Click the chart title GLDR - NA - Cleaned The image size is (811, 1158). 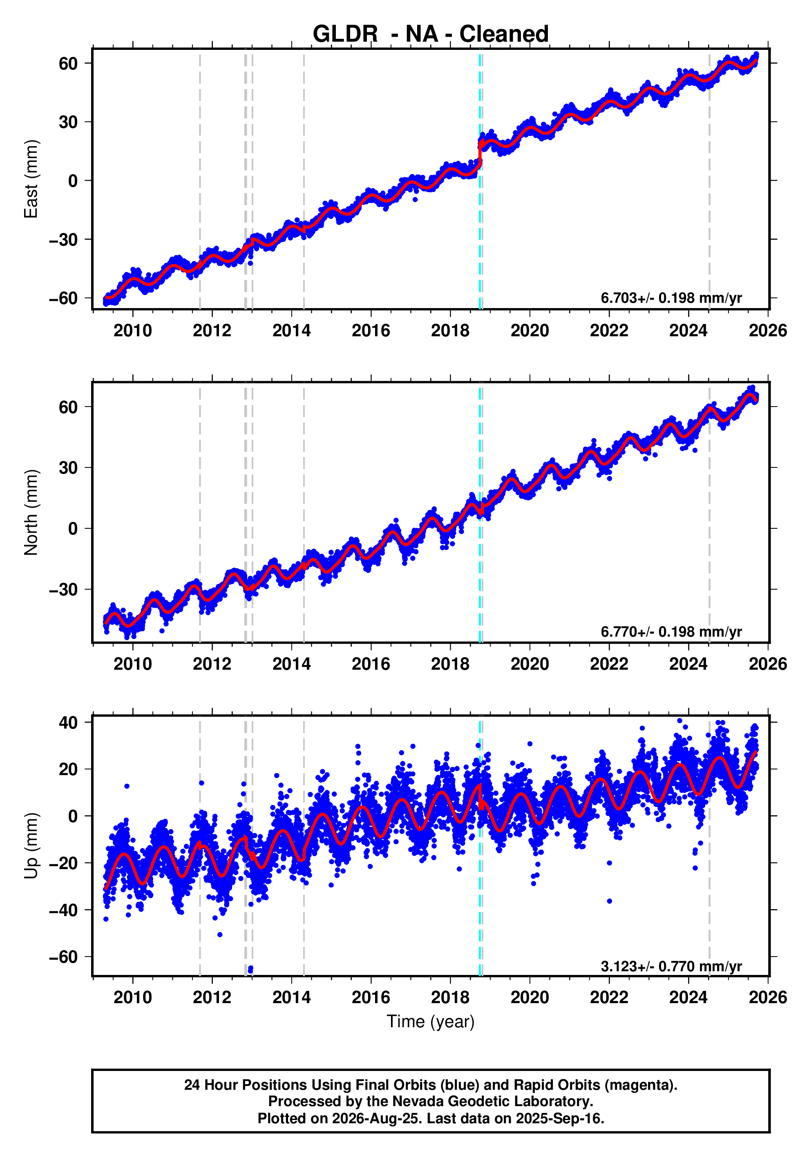pos(430,34)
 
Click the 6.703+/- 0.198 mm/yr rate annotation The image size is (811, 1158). pos(671,298)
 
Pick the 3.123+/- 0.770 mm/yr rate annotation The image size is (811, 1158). pos(671,966)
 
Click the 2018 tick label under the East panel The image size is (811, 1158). pos(450,331)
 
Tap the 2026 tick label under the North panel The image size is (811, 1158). pos(768,664)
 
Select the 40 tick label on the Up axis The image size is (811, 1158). pos(69,722)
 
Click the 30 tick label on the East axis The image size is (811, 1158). pos(69,122)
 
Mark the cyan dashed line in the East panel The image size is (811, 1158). pos(480,179)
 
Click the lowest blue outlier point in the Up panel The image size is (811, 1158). pos(250,969)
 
